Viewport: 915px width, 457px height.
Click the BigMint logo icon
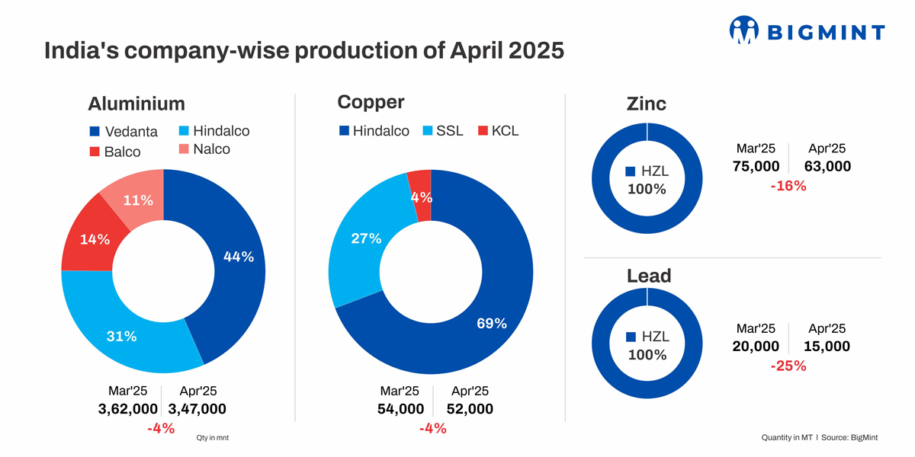(x=744, y=30)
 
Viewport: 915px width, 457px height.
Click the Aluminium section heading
(x=136, y=104)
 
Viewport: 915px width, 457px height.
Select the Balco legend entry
(x=115, y=152)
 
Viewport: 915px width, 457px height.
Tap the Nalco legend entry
(x=204, y=149)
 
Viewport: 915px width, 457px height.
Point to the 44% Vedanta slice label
(x=238, y=257)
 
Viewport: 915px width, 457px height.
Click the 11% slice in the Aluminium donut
(x=138, y=200)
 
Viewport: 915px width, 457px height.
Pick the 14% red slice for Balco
(x=95, y=239)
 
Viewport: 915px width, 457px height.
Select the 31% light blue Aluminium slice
(x=121, y=336)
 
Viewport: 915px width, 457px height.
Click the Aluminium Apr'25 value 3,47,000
(x=197, y=409)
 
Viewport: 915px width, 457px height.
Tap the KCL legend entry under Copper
(x=498, y=131)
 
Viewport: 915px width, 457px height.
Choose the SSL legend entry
(x=442, y=131)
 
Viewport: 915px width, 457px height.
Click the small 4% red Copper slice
(x=420, y=196)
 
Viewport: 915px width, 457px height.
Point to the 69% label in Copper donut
(x=491, y=323)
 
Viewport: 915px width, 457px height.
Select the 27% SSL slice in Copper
(x=366, y=238)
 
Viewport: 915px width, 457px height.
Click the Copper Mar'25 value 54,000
(x=400, y=409)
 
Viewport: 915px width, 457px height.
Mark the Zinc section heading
(x=646, y=104)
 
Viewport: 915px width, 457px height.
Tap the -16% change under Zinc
(x=788, y=185)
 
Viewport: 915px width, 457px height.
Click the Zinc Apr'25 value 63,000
(x=827, y=166)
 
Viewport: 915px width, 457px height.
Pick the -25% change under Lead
(x=788, y=366)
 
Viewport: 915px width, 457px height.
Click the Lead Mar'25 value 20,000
(x=756, y=347)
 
